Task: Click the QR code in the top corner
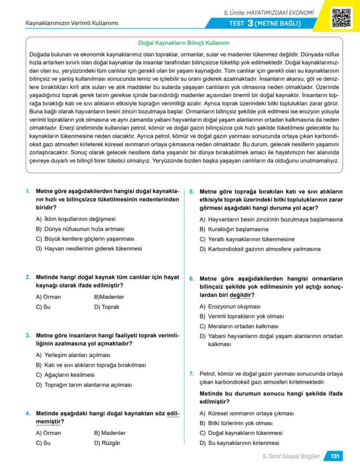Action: click(x=342, y=18)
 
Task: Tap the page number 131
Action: click(x=334, y=456)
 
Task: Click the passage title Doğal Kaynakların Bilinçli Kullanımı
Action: click(x=183, y=43)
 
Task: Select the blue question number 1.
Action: click(x=28, y=191)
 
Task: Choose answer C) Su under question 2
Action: click(x=43, y=307)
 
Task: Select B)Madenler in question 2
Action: click(x=109, y=297)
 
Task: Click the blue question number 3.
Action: click(x=28, y=335)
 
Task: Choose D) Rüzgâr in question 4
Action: click(x=107, y=443)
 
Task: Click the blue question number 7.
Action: click(x=192, y=374)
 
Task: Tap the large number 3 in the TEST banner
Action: click(x=250, y=23)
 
